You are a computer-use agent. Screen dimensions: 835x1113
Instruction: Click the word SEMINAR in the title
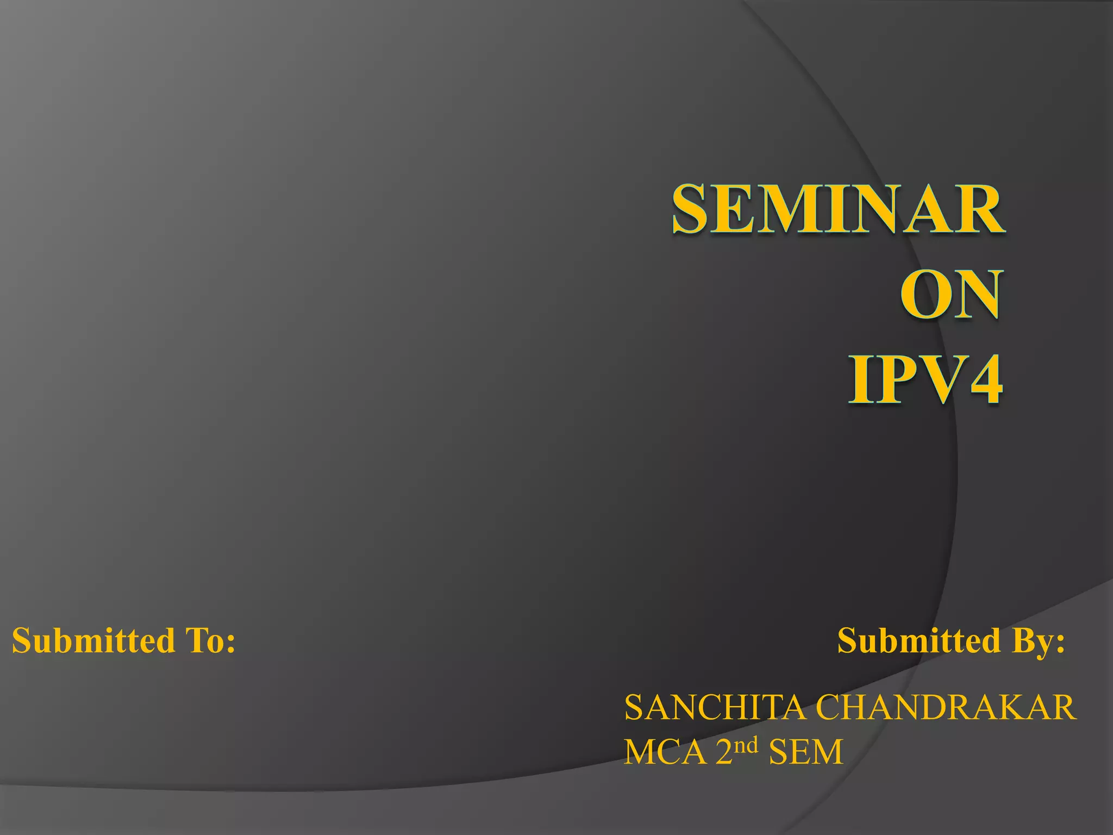point(839,209)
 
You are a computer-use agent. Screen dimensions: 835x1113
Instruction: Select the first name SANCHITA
point(715,708)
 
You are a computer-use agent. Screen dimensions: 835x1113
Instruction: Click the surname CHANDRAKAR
point(946,708)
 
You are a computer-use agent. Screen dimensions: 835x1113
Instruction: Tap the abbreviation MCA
point(665,752)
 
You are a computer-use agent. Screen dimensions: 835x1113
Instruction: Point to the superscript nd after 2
point(746,745)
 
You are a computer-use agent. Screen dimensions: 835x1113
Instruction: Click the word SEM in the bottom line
point(805,752)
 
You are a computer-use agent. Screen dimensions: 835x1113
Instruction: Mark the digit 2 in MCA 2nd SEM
point(724,752)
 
